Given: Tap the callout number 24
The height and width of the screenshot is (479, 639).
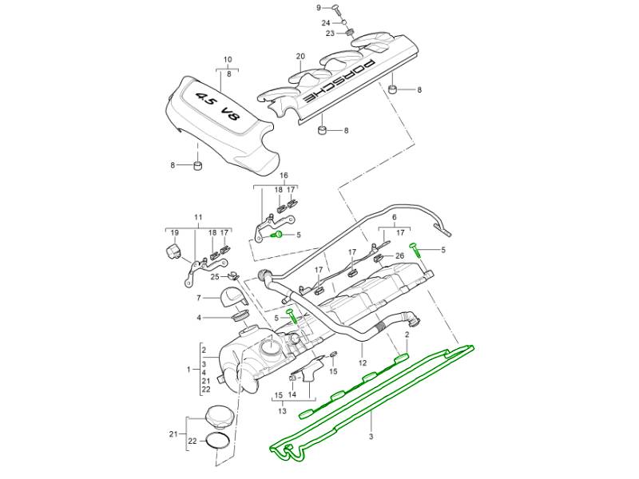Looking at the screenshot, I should coord(326,22).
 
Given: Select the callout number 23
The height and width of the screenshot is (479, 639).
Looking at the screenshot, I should coord(330,34).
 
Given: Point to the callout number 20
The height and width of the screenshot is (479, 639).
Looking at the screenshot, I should coord(300,56).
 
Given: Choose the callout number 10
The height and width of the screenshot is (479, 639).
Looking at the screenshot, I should coord(227,60).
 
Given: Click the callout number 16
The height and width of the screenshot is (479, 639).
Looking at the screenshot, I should coord(284,176).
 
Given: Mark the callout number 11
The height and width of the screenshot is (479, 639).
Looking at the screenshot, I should coord(198,217).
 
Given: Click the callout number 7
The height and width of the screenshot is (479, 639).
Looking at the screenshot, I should coord(199,298).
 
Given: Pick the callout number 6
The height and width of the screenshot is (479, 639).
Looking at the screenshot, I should coord(394,217).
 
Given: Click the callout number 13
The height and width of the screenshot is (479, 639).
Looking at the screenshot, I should coord(282,412).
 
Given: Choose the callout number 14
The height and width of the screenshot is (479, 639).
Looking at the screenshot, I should coord(293,394).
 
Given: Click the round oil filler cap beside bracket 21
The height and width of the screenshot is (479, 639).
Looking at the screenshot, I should coord(218,417).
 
